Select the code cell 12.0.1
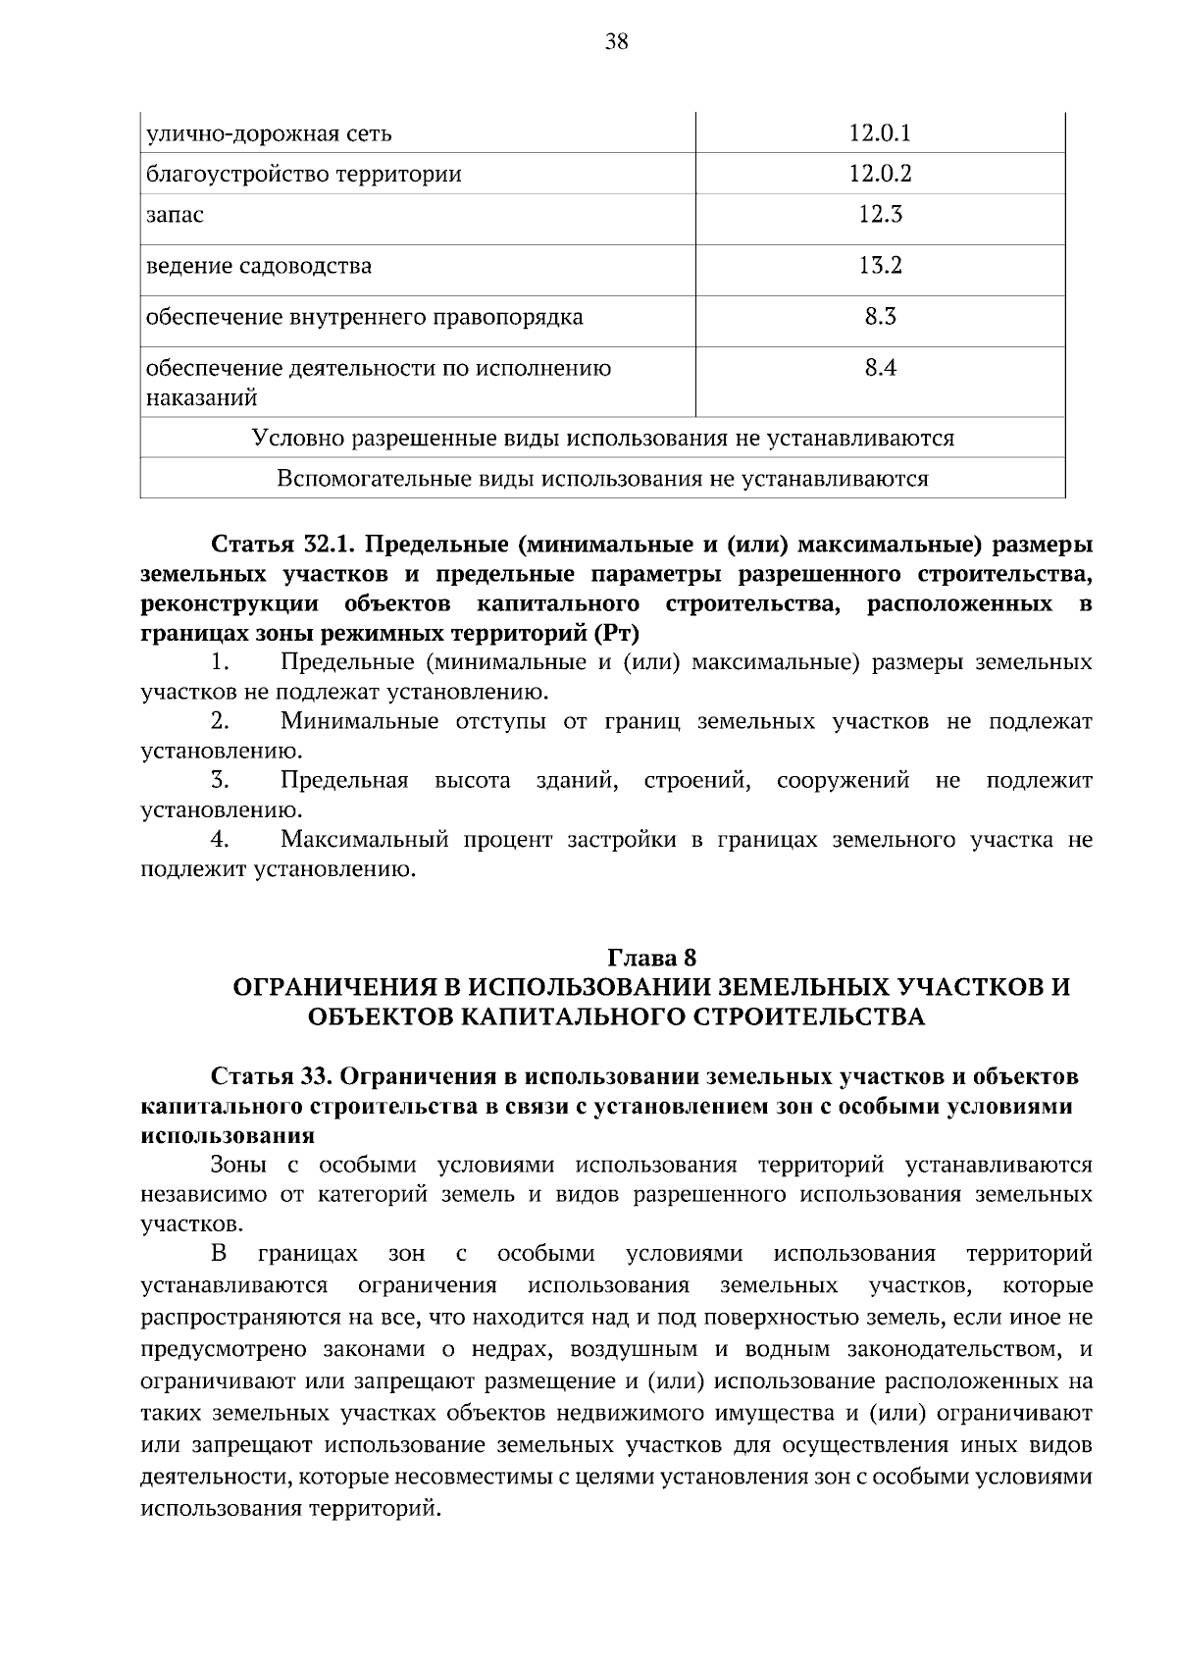(880, 132)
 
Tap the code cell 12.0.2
(880, 174)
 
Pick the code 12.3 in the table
(880, 214)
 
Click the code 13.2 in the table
(880, 265)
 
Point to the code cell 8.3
(880, 316)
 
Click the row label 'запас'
(175, 215)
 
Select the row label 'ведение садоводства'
(259, 266)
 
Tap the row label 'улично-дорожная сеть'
(269, 133)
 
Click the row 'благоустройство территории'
(303, 175)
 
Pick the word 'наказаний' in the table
(201, 398)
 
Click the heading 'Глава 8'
(651, 957)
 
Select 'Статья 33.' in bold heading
(271, 1076)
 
